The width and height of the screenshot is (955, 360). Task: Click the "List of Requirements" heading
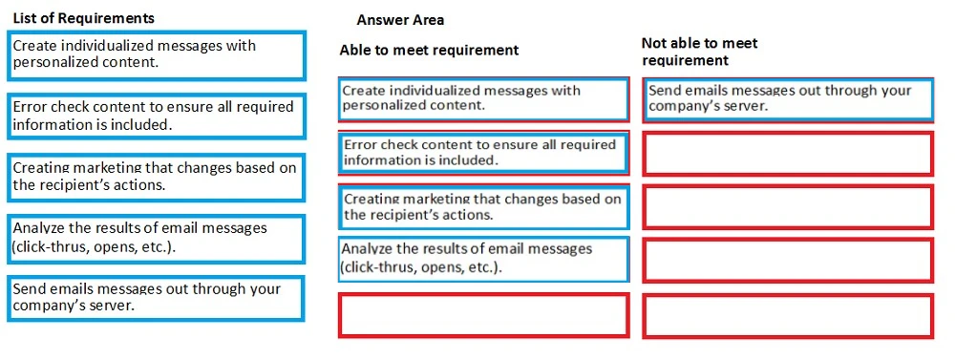(84, 18)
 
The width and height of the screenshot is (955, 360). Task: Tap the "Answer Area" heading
(400, 20)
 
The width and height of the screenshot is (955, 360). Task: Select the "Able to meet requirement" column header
(429, 50)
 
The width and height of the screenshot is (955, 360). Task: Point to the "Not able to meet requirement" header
(699, 52)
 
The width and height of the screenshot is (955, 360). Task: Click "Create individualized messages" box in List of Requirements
(156, 54)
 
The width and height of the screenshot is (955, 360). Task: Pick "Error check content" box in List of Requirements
(156, 116)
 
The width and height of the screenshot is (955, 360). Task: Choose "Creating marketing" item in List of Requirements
(156, 177)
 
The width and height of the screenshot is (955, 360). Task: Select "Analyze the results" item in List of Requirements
(156, 238)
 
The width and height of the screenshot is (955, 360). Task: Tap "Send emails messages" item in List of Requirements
(156, 298)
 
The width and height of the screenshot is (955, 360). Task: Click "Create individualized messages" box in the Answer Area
(483, 98)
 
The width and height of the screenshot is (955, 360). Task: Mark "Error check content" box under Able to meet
(483, 153)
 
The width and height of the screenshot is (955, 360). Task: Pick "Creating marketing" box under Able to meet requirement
(483, 207)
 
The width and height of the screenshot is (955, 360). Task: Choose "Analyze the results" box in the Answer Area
(483, 259)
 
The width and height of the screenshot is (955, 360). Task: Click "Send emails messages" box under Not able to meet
(788, 98)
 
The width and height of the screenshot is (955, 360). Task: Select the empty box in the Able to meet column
(483, 315)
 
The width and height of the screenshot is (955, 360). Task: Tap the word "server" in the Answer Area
(746, 107)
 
